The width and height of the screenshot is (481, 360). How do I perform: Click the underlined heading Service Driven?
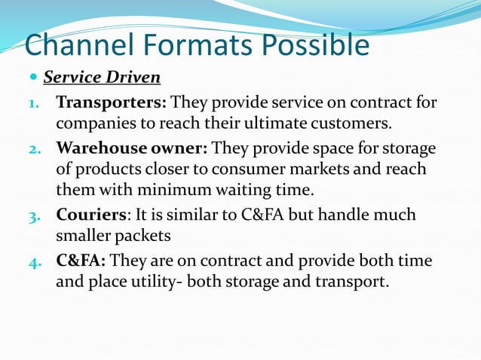click(x=102, y=78)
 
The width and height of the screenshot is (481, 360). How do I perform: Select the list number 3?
click(x=35, y=215)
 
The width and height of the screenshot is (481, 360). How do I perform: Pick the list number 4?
click(x=35, y=261)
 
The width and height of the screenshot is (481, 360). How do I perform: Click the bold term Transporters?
click(x=111, y=102)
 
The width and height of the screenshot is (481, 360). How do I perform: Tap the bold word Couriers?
click(x=89, y=215)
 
